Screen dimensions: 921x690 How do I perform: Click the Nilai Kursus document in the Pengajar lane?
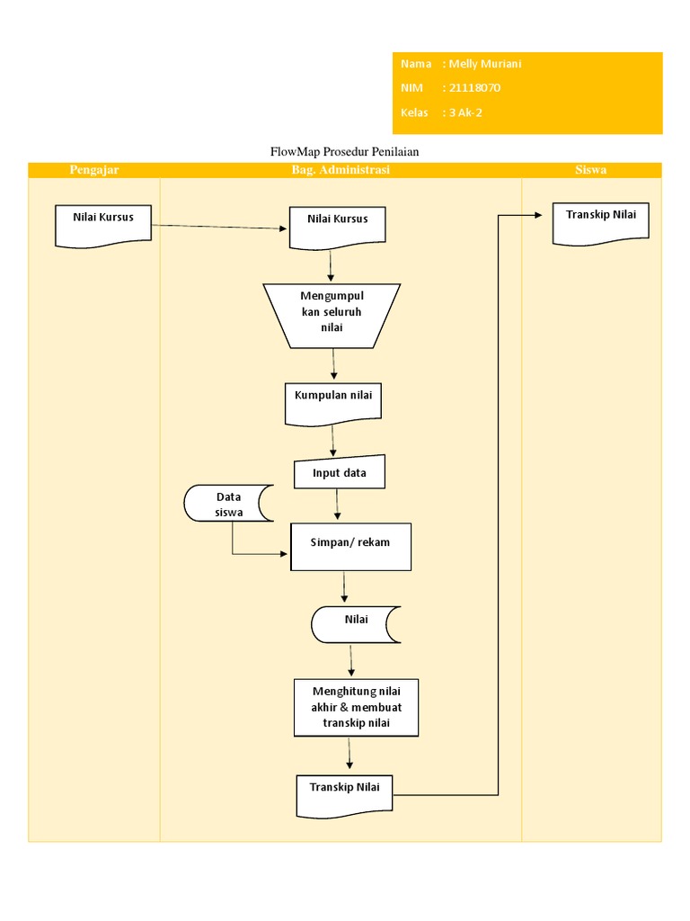103,224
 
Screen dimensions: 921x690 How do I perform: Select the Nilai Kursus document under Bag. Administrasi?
337,225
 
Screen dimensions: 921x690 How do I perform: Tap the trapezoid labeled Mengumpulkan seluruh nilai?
332,316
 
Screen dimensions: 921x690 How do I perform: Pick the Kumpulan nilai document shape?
333,402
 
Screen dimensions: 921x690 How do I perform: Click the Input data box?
340,474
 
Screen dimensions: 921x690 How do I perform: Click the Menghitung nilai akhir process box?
356,707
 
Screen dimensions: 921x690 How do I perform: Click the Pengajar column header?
94,170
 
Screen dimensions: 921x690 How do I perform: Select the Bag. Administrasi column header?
341,170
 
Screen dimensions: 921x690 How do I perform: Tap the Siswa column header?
591,170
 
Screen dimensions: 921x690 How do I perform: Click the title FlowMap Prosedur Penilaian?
345,152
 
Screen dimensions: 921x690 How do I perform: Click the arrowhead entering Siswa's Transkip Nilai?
538,215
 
